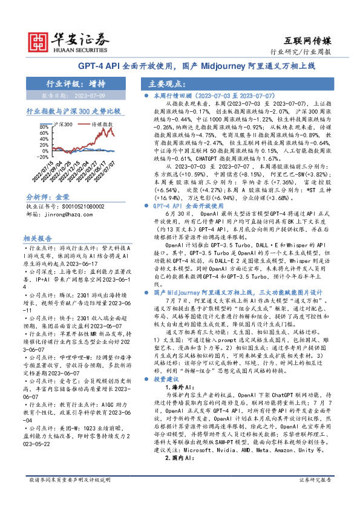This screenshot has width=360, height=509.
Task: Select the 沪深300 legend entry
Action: pyautogui.click(x=62, y=124)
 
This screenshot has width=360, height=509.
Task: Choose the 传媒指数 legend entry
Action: pyautogui.click(x=100, y=124)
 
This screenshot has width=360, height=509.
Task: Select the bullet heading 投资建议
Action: pyautogui.click(x=168, y=379)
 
